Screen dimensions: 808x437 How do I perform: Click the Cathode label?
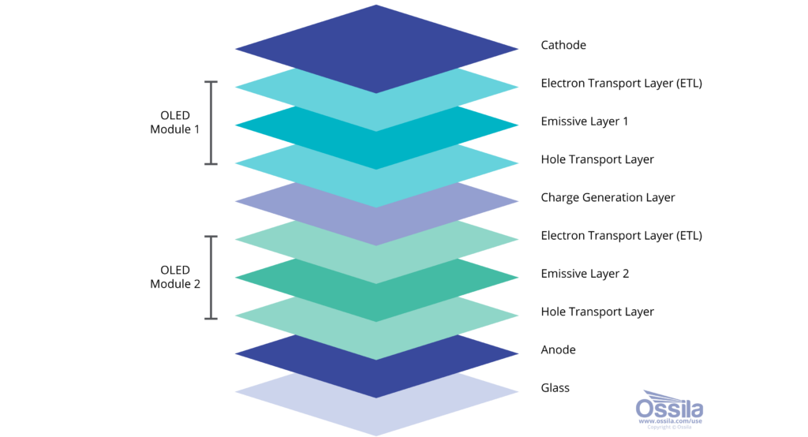[x=563, y=45]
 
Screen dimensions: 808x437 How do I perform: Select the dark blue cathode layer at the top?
[x=376, y=49]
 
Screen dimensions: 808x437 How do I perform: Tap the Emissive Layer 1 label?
[x=585, y=121]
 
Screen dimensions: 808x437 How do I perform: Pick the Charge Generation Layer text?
[x=608, y=197]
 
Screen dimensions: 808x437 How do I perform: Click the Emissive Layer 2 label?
[x=585, y=274]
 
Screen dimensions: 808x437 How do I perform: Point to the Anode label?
[x=558, y=350]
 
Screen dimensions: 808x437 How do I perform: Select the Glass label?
[x=555, y=388]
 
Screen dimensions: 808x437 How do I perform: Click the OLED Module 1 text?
[x=174, y=122]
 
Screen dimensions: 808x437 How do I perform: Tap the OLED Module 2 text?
[x=174, y=277]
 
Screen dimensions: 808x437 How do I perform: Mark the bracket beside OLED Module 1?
[x=211, y=123]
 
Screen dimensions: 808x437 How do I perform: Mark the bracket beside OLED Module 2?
[x=211, y=278]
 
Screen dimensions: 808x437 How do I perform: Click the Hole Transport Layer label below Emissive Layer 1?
[x=597, y=160]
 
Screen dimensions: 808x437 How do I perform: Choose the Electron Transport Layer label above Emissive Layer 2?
[x=622, y=236]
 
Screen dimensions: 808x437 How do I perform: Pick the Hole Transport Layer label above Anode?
[x=597, y=312]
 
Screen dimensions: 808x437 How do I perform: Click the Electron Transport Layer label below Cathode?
[x=622, y=84]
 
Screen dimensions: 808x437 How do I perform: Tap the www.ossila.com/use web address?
[x=671, y=421]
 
